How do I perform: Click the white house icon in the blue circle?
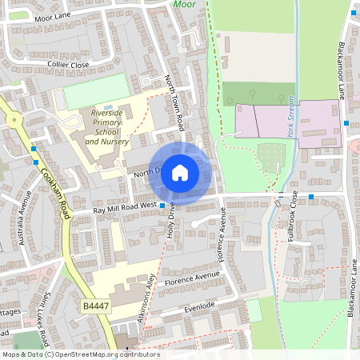click(x=180, y=172)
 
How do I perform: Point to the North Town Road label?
click(x=174, y=104)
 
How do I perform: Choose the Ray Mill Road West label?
click(x=125, y=208)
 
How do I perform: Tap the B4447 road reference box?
click(x=94, y=307)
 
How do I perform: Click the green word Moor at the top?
click(x=184, y=4)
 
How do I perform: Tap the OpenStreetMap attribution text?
click(x=81, y=354)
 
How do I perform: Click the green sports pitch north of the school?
click(x=95, y=91)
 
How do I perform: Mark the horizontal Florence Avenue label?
click(x=191, y=279)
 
